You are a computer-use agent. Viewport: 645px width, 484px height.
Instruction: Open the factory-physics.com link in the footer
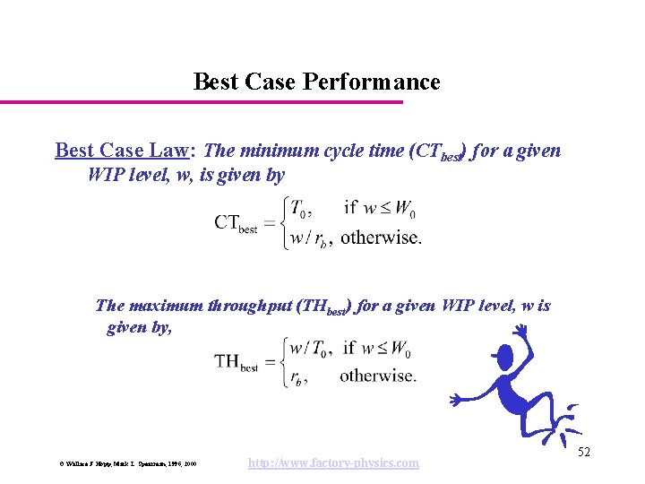[x=332, y=462]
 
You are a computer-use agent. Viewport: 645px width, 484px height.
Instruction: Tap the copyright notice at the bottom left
[x=127, y=463]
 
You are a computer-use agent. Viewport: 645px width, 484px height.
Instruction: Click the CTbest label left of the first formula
[x=236, y=223]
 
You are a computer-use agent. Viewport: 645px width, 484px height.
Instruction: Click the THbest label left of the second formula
[x=236, y=362]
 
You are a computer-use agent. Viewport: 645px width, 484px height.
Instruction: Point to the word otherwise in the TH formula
[x=377, y=376]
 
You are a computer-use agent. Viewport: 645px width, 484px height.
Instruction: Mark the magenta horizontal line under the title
[x=202, y=101]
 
